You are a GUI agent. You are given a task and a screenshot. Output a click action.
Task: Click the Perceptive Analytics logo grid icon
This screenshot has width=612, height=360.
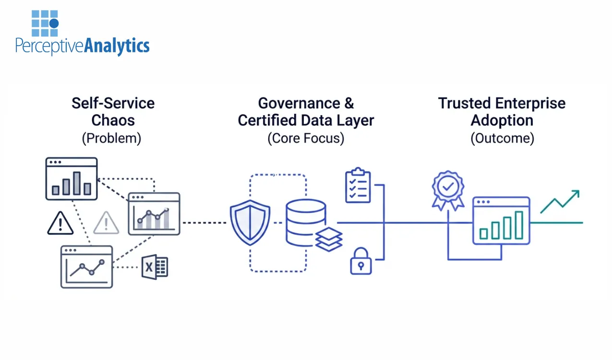pos(45,24)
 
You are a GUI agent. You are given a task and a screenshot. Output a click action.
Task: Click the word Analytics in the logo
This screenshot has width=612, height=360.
pos(117,46)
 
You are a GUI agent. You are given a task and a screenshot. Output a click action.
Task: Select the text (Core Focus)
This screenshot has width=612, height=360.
pos(306,138)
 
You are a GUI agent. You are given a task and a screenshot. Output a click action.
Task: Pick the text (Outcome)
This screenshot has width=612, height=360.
pos(502,138)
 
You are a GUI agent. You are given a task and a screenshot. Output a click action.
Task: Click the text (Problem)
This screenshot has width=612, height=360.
pos(111,138)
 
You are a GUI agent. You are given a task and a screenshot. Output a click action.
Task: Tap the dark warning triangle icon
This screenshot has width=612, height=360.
pos(60,223)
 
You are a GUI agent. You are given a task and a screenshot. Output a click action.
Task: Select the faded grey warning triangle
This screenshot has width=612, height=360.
pos(106,223)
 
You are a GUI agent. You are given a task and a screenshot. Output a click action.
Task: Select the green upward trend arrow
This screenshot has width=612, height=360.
pos(560,201)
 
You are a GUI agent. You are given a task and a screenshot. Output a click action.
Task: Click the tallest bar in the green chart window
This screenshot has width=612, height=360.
pos(519,225)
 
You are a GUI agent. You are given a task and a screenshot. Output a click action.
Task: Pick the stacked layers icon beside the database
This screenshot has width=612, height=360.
pos(329,239)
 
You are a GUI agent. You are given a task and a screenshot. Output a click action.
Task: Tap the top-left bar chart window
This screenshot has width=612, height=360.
pos(72,179)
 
